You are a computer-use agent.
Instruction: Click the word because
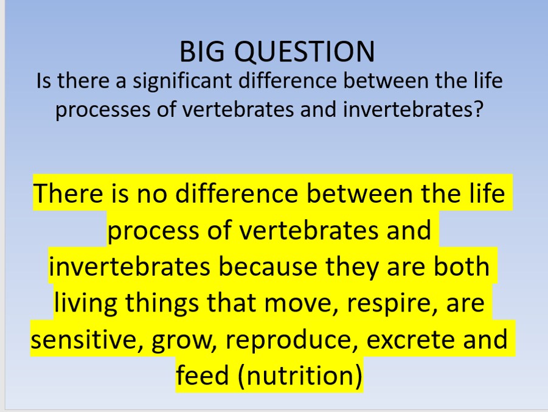point(268,267)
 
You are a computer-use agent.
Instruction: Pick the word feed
point(203,375)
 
